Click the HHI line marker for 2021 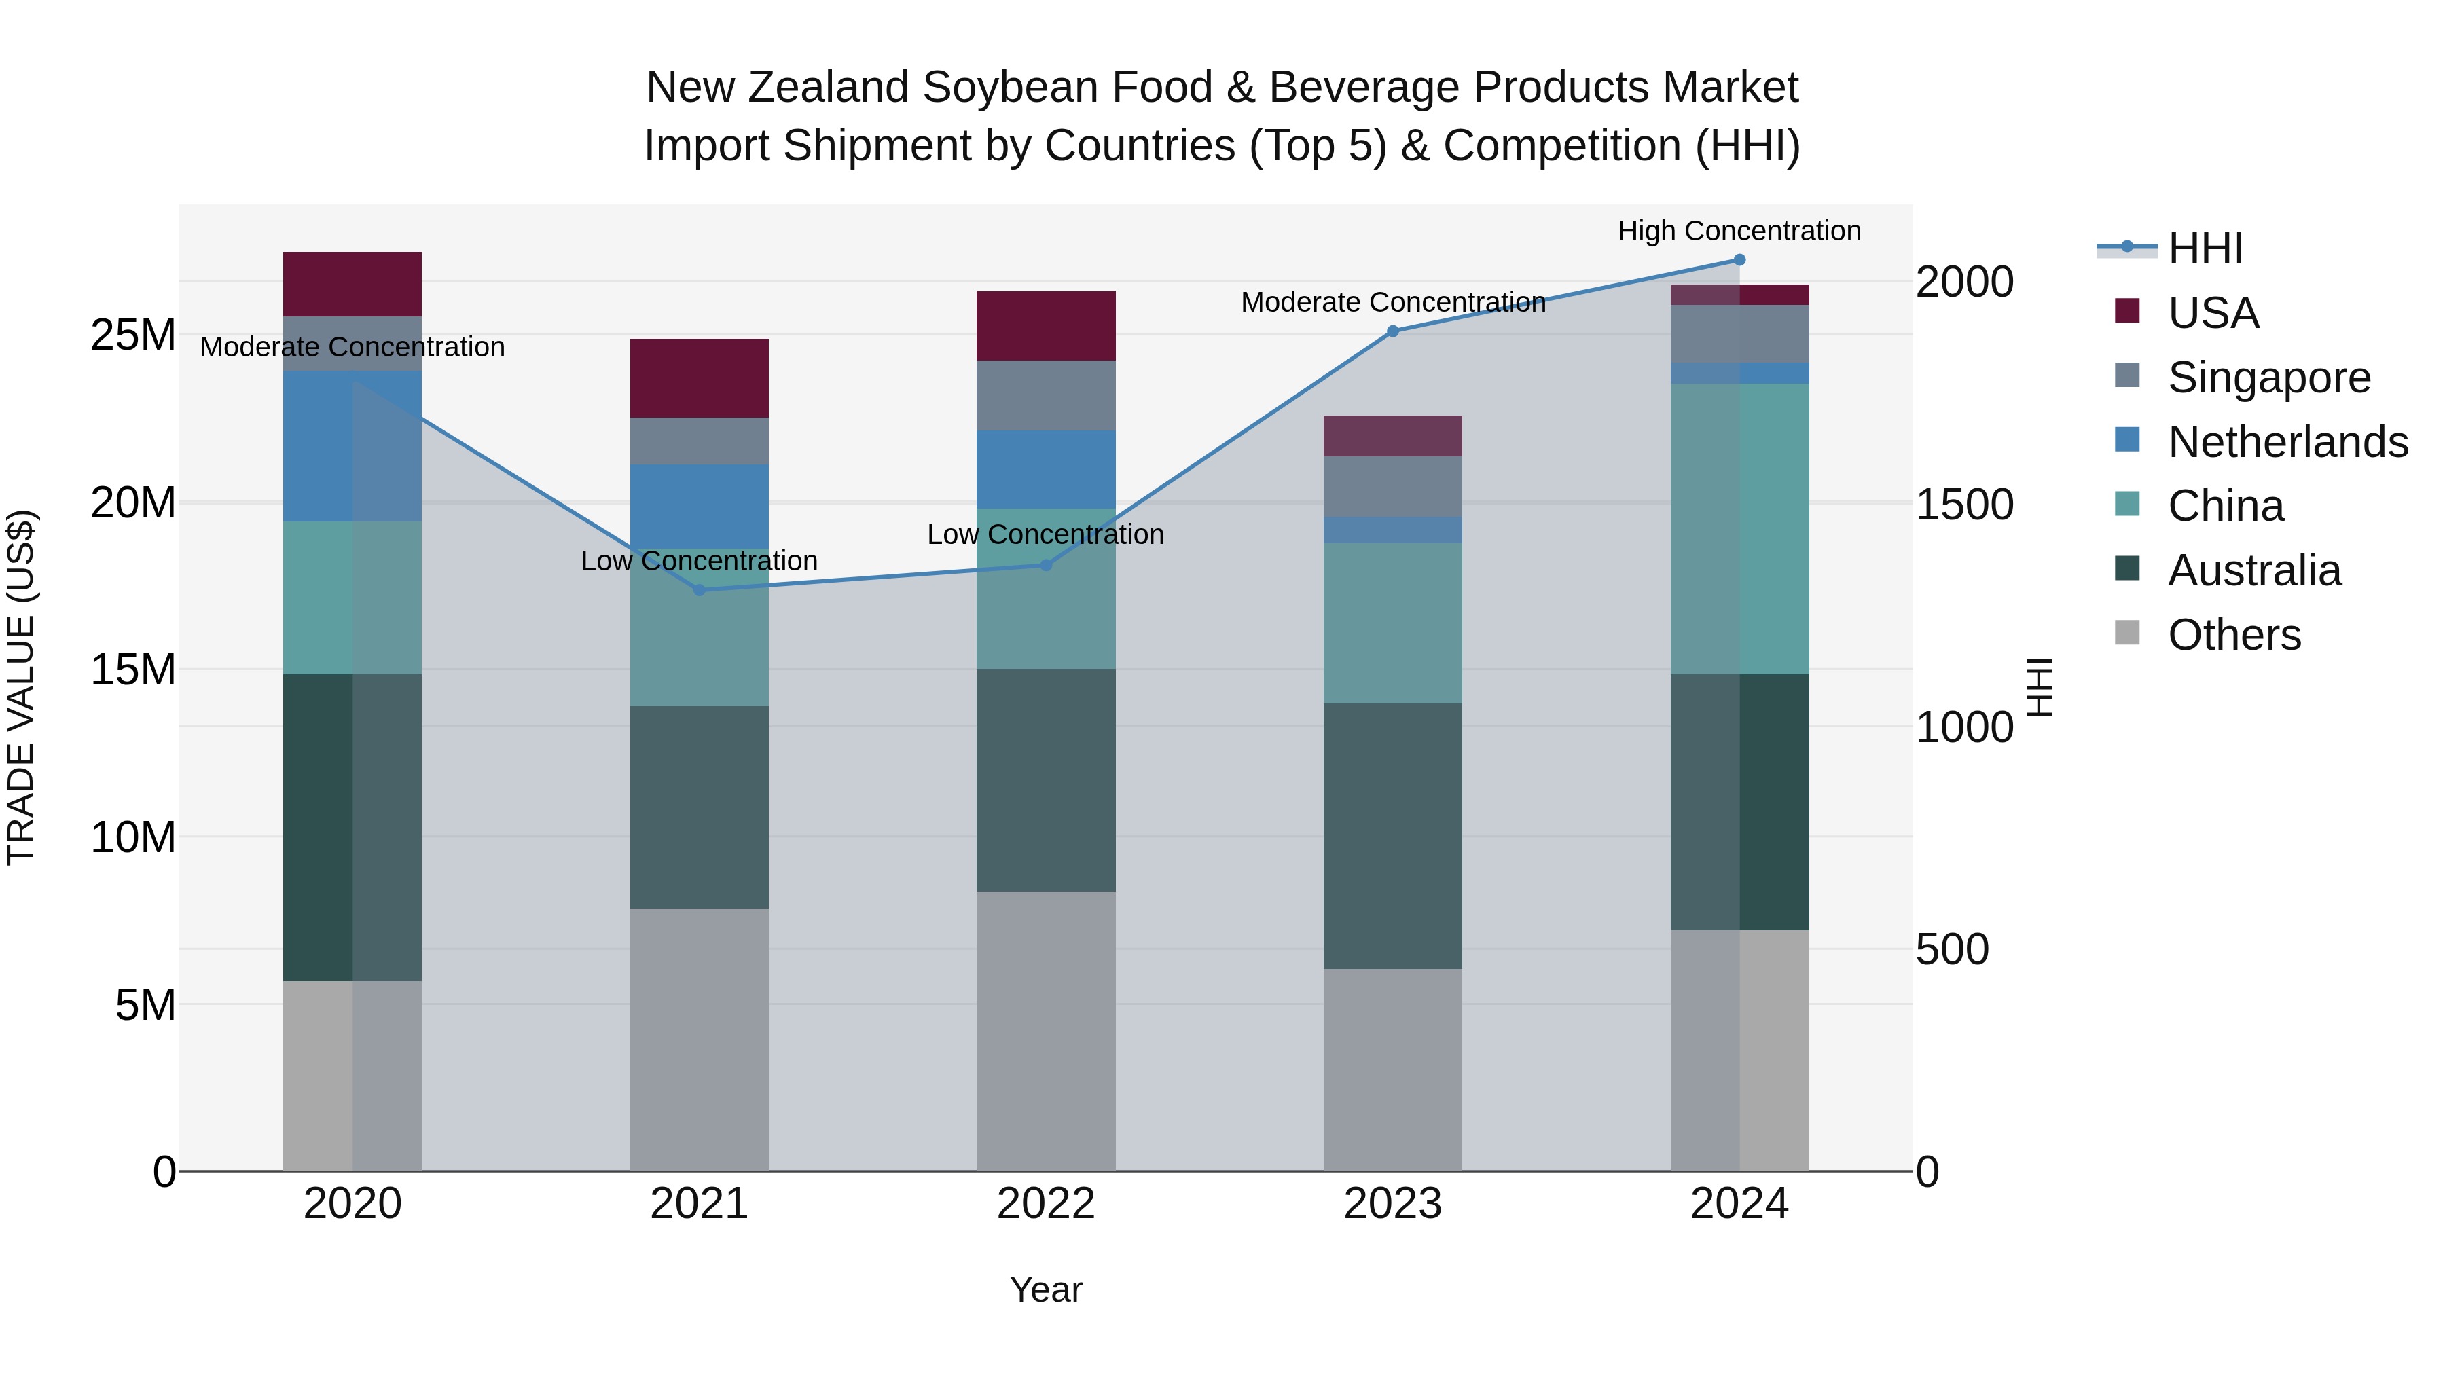(700, 590)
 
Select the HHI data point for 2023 (1392, 331)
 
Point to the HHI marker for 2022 (1046, 565)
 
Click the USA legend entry (2213, 313)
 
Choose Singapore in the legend (2268, 378)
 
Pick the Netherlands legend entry (2287, 442)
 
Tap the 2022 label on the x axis (1046, 1204)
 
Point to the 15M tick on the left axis (133, 670)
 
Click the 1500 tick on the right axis (1963, 505)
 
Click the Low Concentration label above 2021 (700, 561)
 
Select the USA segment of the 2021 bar (700, 378)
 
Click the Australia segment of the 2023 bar (1392, 835)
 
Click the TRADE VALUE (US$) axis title (21, 687)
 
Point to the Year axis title (1046, 1289)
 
